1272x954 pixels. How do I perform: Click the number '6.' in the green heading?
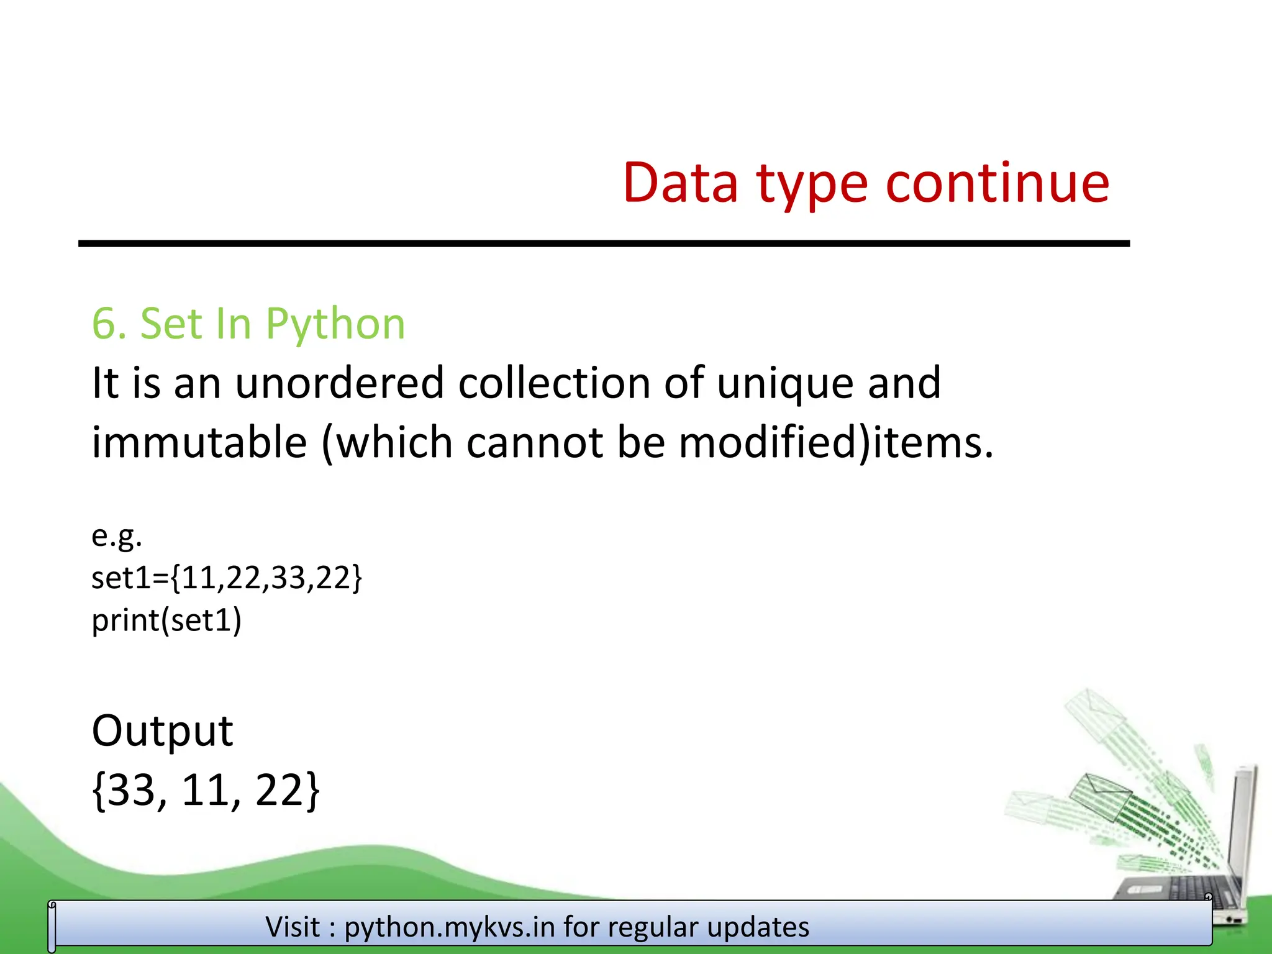click(109, 324)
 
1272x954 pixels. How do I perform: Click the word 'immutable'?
click(199, 442)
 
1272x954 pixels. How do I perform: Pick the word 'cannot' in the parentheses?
click(534, 443)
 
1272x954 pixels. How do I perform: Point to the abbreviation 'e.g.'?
click(117, 535)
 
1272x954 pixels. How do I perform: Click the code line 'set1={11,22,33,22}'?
click(226, 578)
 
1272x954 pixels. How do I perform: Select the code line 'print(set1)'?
click(166, 620)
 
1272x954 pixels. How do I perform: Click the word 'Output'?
click(162, 730)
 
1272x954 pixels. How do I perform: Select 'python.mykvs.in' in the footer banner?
click(450, 927)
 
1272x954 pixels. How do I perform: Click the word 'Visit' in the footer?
click(293, 927)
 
